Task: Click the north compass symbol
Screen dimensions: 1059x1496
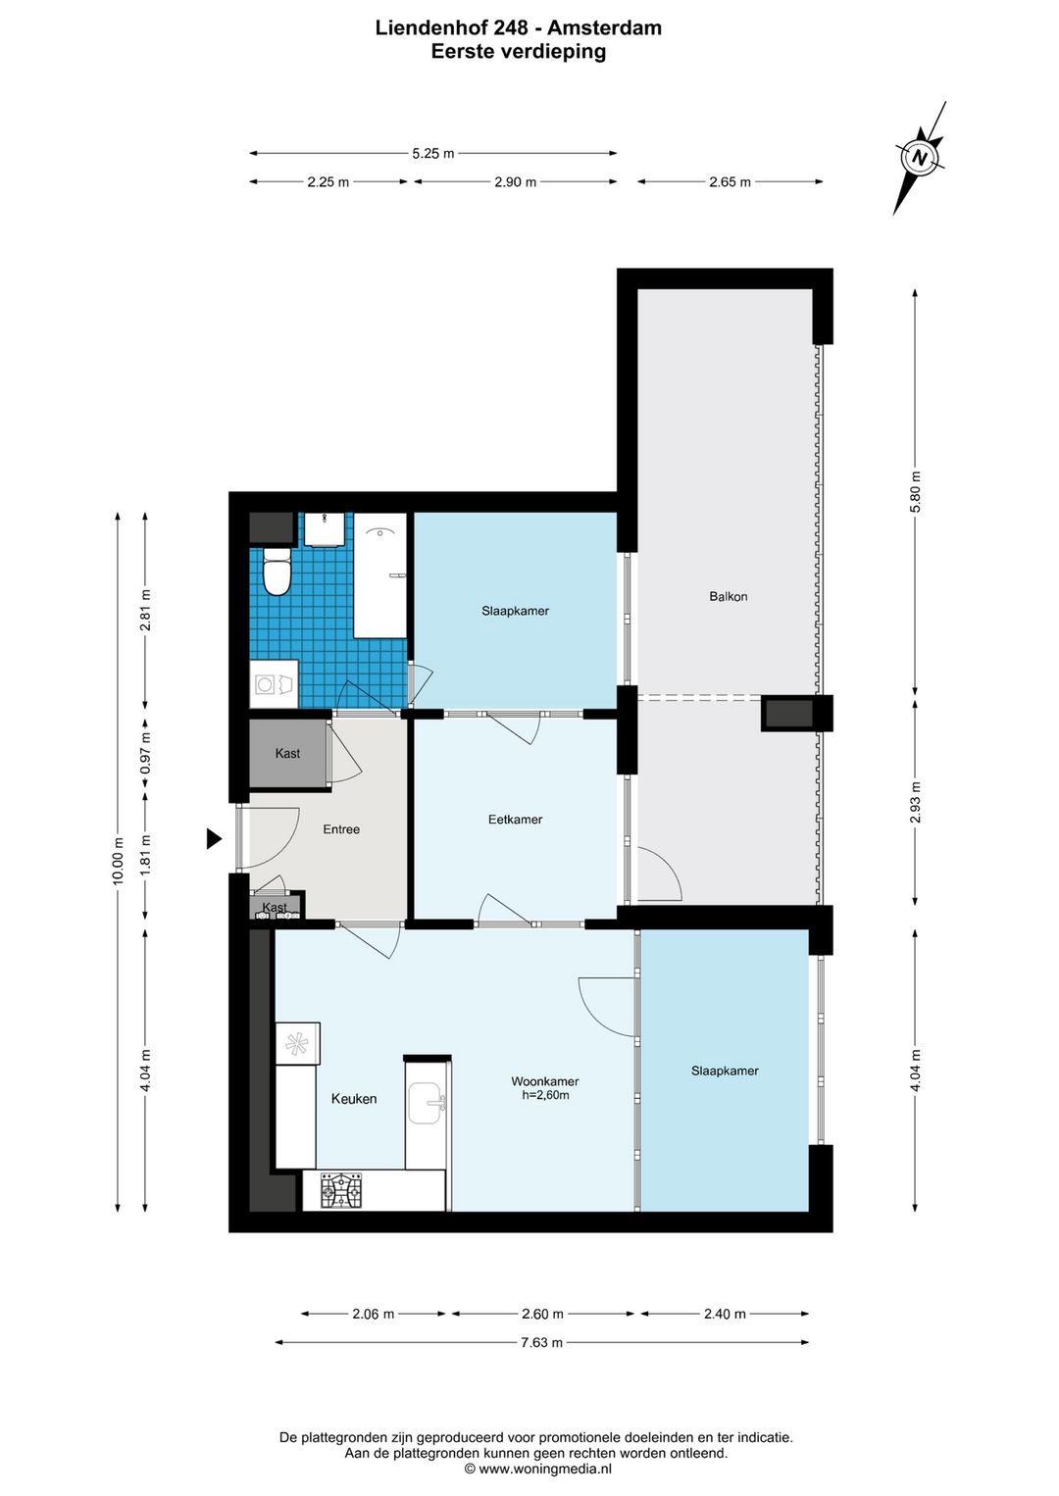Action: (920, 158)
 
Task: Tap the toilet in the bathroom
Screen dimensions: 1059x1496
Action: (277, 571)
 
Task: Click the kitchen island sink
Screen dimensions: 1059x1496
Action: (427, 1103)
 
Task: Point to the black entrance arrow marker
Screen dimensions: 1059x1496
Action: (213, 838)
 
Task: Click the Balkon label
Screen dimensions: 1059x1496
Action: (729, 596)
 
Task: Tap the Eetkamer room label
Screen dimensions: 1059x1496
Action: (515, 820)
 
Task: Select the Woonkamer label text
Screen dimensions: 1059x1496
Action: (544, 1081)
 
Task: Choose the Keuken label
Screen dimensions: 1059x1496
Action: (354, 1099)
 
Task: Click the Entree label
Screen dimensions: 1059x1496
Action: (341, 829)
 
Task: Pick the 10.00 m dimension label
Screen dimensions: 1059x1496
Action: (119, 861)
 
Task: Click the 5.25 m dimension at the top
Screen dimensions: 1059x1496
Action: (433, 154)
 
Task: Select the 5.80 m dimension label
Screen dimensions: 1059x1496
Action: (916, 491)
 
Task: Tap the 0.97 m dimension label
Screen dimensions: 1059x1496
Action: (146, 753)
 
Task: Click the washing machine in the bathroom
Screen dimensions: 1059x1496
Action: (274, 683)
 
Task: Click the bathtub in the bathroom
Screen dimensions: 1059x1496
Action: (380, 575)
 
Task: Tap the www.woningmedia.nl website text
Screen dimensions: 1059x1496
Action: (545, 1469)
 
